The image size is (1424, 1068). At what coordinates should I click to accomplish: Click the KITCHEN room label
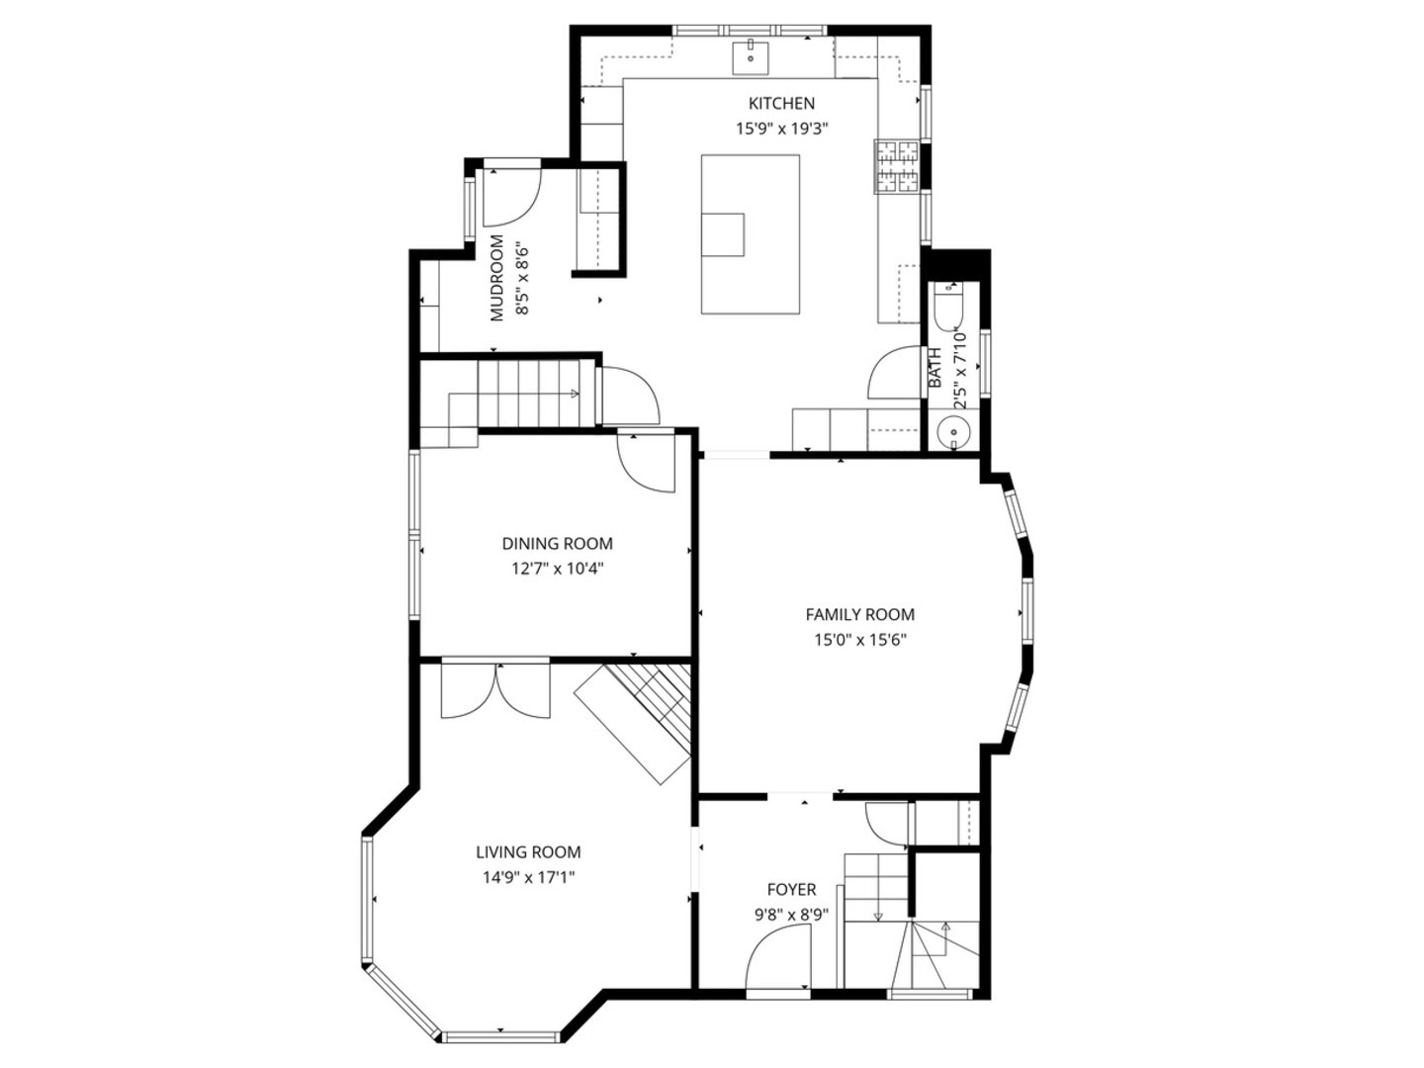(781, 104)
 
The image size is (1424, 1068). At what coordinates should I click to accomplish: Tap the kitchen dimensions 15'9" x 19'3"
(782, 129)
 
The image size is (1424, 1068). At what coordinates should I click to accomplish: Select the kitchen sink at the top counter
(751, 58)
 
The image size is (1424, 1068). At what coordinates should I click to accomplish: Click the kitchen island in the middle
(750, 234)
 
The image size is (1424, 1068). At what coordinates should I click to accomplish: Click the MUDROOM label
(497, 278)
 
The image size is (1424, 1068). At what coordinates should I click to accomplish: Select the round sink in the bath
(952, 432)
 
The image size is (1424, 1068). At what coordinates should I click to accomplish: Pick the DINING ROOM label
(558, 544)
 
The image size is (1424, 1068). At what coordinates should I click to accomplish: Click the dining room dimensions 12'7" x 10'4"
(558, 570)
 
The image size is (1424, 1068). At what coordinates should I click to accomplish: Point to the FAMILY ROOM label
(859, 615)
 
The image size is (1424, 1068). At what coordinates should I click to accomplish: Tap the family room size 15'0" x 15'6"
(860, 641)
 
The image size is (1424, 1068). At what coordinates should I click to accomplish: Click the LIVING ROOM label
(528, 852)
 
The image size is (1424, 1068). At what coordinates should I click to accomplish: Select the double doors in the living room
(495, 690)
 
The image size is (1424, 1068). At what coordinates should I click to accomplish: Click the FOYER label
(791, 890)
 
